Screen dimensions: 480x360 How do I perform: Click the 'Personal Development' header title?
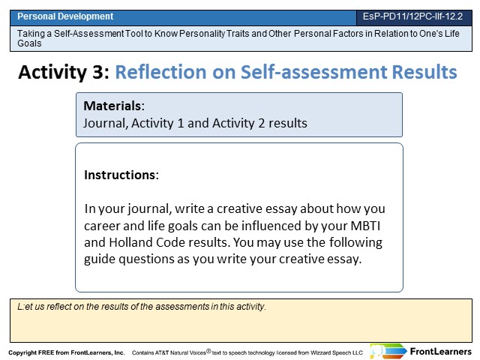(65, 16)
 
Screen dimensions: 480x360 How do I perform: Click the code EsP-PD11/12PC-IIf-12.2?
(412, 16)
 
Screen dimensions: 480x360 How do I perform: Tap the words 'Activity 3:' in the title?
(64, 72)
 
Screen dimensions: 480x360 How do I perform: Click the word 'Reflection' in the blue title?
(160, 72)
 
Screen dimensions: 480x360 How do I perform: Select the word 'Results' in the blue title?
(424, 72)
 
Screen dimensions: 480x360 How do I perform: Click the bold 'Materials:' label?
(114, 106)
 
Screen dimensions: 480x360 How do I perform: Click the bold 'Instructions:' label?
(121, 175)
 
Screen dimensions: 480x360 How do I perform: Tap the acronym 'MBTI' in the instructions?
(365, 226)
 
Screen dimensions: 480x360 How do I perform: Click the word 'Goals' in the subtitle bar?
(29, 43)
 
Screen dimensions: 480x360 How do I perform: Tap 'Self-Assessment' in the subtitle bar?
(88, 33)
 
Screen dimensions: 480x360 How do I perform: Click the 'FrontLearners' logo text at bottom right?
(441, 352)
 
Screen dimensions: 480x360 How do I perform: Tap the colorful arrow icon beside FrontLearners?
(388, 351)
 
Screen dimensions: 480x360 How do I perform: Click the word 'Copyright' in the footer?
(22, 352)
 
